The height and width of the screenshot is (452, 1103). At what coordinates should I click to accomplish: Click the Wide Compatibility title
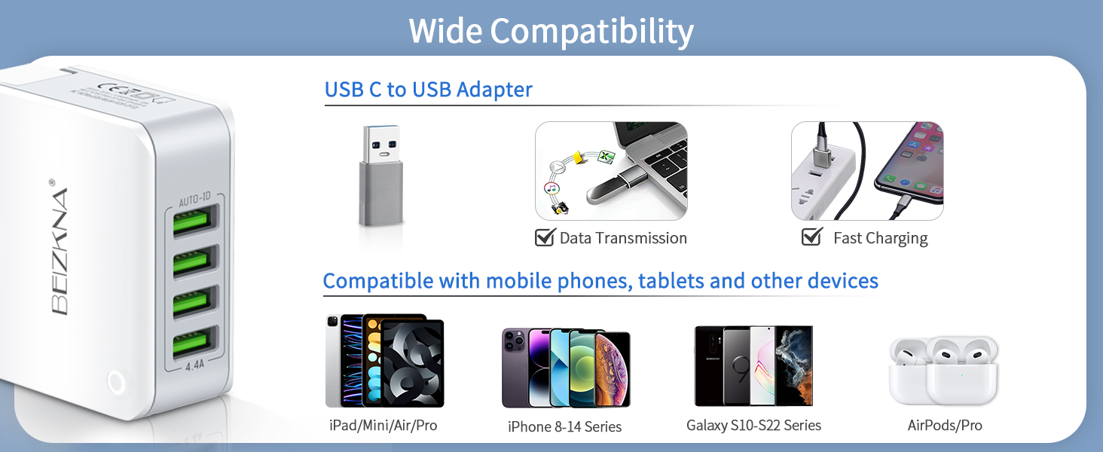pyautogui.click(x=551, y=32)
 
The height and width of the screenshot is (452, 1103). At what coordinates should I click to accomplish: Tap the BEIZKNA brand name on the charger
pyautogui.click(x=60, y=251)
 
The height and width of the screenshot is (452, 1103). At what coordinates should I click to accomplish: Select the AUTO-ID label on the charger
pyautogui.click(x=195, y=200)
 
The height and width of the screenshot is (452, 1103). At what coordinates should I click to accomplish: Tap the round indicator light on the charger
pyautogui.click(x=115, y=382)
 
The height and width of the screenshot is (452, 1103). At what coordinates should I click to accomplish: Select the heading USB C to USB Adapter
pyautogui.click(x=428, y=90)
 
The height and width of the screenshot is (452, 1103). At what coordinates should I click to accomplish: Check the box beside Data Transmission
pyautogui.click(x=544, y=237)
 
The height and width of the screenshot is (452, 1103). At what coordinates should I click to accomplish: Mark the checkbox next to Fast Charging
pyautogui.click(x=811, y=237)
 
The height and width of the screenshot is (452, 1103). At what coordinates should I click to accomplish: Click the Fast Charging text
pyautogui.click(x=880, y=238)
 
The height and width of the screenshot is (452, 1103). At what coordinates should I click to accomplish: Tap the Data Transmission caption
pyautogui.click(x=623, y=238)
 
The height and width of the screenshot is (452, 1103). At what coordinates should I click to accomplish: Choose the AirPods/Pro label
pyautogui.click(x=945, y=426)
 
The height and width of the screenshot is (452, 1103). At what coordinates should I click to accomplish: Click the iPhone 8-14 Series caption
pyautogui.click(x=564, y=426)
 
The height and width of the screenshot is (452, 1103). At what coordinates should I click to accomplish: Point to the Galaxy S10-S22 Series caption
pyautogui.click(x=753, y=426)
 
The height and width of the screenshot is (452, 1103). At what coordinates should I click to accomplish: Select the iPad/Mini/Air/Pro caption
pyautogui.click(x=383, y=426)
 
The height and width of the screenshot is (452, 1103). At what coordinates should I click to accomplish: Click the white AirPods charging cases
pyautogui.click(x=944, y=370)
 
